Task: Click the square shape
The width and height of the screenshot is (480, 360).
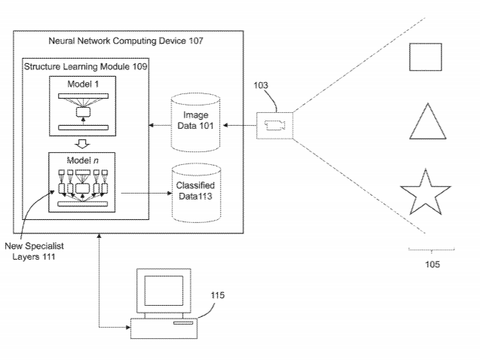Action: pyautogui.click(x=426, y=57)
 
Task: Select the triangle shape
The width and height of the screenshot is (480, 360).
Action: pyautogui.click(x=425, y=124)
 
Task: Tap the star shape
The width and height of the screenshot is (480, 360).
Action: pyautogui.click(x=425, y=194)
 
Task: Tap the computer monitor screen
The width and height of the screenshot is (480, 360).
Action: pyautogui.click(x=159, y=289)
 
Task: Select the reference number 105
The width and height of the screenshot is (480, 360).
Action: pyautogui.click(x=432, y=264)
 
